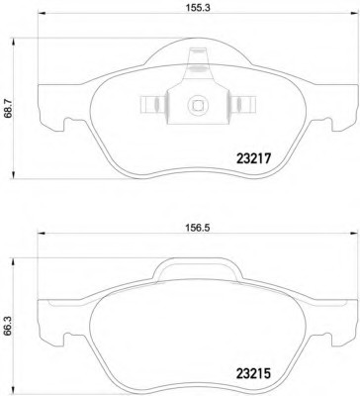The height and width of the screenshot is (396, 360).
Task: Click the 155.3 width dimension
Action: tap(197, 8)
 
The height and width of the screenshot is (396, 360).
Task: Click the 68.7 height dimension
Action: tap(9, 109)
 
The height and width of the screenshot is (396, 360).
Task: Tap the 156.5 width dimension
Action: tap(197, 228)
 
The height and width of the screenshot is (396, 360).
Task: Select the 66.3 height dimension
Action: tap(9, 327)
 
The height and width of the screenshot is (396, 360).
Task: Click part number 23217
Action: tap(253, 159)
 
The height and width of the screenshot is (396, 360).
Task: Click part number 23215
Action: tap(253, 373)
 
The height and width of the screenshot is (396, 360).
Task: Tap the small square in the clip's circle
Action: tap(198, 105)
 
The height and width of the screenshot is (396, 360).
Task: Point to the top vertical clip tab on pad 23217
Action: tap(198, 61)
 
